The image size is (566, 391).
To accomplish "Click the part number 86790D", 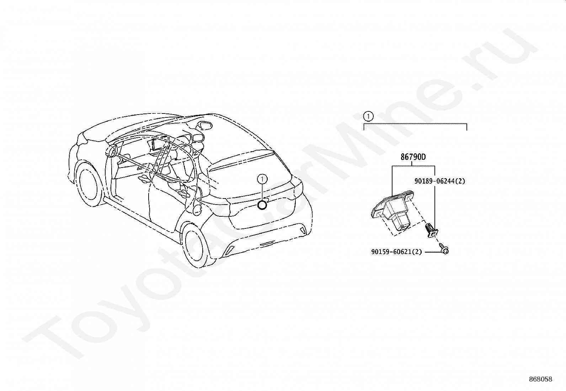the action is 413,157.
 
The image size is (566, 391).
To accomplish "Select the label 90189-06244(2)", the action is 439,181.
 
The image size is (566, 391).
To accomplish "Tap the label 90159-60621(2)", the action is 396,252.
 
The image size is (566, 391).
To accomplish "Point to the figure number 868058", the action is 540,379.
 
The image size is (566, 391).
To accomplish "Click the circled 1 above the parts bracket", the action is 368,116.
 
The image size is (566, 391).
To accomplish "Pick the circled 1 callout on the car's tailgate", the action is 262,179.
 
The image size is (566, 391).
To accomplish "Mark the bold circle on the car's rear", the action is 262,205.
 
